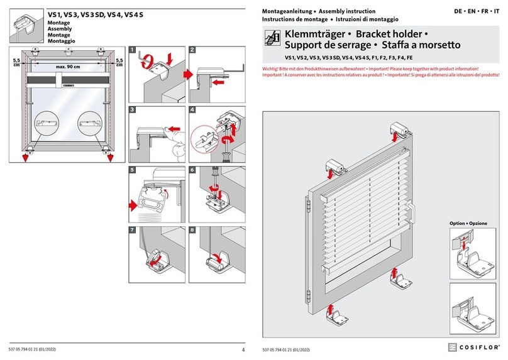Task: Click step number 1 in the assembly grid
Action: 133,50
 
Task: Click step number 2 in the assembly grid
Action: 192,50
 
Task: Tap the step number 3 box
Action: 133,109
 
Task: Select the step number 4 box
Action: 192,109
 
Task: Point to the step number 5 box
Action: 133,169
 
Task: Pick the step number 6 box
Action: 192,169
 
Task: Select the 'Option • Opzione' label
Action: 468,224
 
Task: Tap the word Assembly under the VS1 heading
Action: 59,30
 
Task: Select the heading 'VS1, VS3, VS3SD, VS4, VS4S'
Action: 96,13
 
